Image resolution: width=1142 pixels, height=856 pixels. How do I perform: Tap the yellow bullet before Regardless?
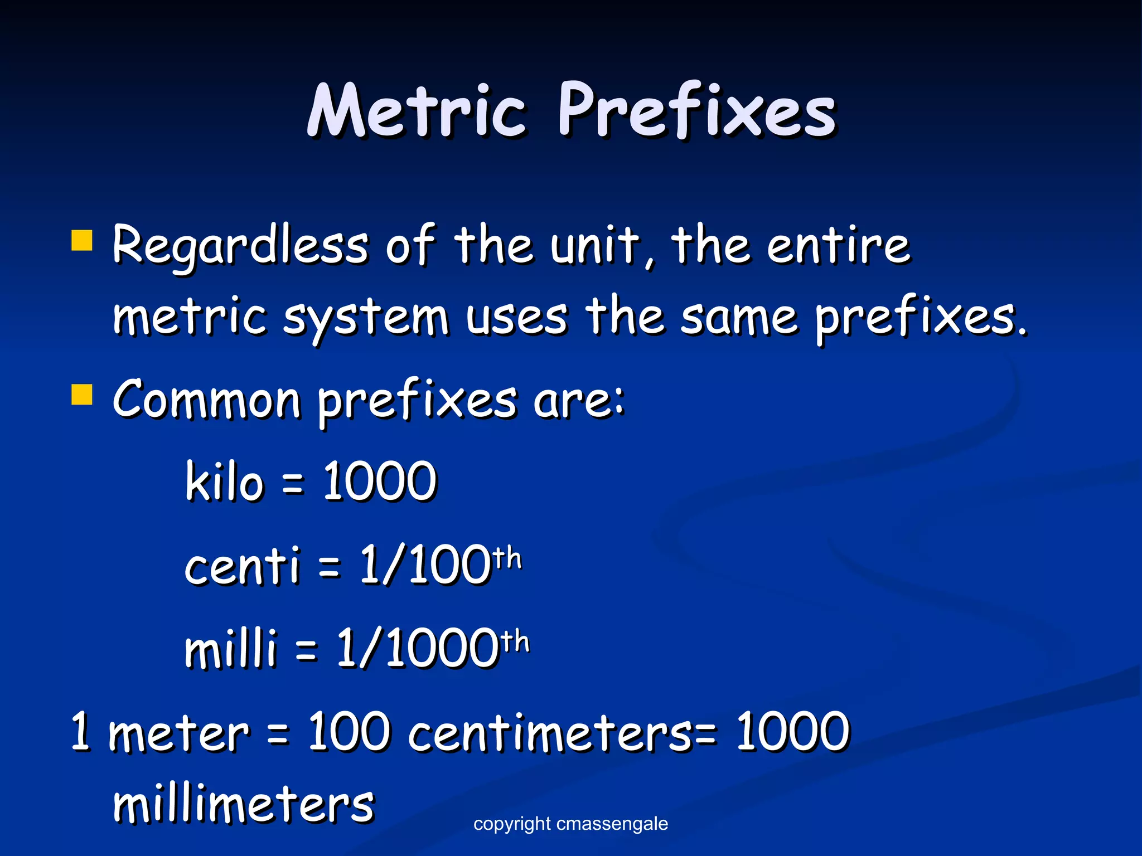pyautogui.click(x=82, y=241)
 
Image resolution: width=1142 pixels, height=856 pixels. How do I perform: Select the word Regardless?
pyautogui.click(x=240, y=245)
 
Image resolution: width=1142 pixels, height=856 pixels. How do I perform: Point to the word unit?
pyautogui.click(x=594, y=245)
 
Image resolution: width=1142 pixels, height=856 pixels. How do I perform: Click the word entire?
pyautogui.click(x=839, y=245)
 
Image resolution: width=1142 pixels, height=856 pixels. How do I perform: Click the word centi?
pyautogui.click(x=242, y=565)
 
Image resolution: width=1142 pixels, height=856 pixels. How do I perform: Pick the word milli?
pyautogui.click(x=230, y=648)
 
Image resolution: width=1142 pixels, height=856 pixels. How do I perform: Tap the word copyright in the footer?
pyautogui.click(x=512, y=823)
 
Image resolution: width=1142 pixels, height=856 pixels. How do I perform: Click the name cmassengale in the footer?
pyautogui.click(x=612, y=823)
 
